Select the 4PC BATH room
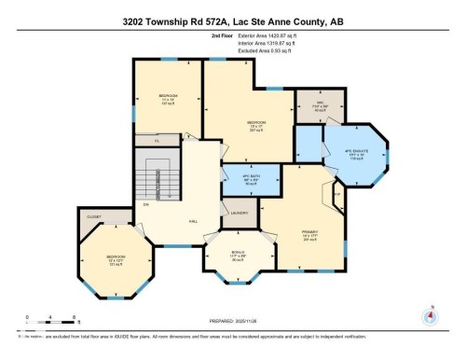(249, 179)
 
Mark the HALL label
(193, 221)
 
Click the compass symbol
(430, 315)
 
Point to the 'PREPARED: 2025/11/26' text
(233, 322)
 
